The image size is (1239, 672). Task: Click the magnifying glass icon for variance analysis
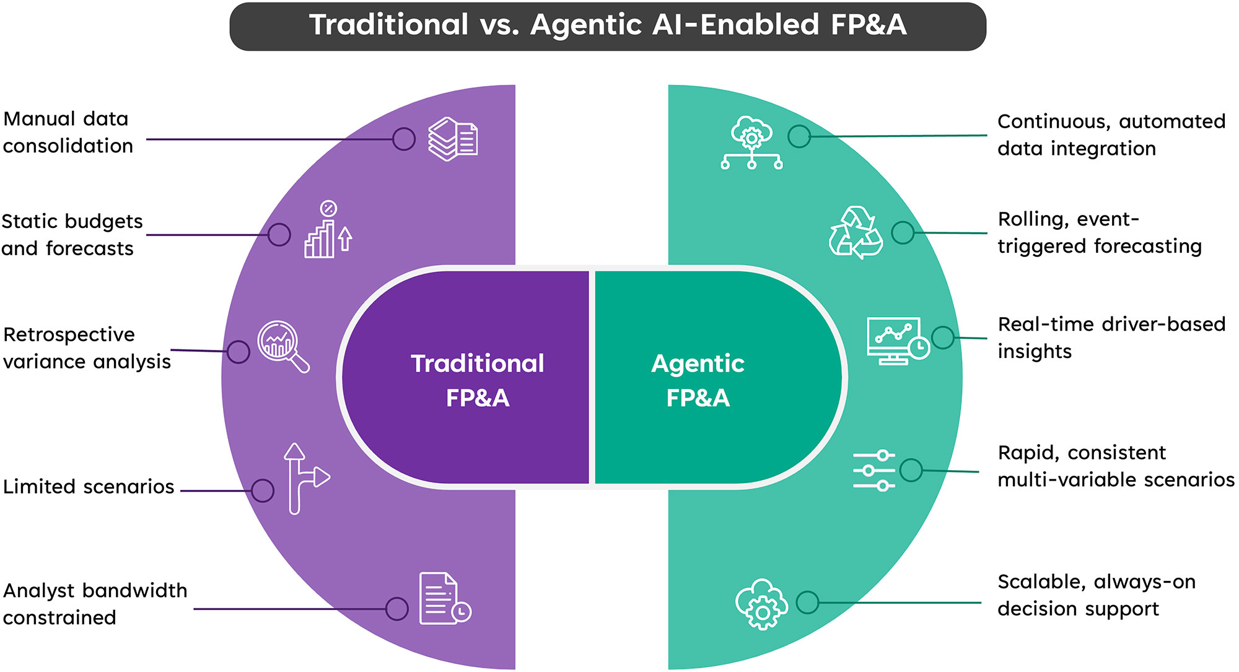(282, 346)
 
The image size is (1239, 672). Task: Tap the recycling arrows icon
(856, 233)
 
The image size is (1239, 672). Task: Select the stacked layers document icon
(453, 139)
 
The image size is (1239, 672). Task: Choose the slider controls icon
(873, 471)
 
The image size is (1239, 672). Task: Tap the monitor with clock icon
(897, 341)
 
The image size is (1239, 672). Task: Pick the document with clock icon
(444, 599)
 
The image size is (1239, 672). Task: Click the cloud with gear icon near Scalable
(761, 604)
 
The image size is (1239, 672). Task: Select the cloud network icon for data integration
(751, 143)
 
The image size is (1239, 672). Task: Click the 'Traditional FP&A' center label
(477, 380)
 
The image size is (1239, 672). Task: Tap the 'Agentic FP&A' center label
(698, 380)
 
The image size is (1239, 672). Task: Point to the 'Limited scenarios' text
(89, 487)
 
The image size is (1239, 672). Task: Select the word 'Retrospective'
(69, 334)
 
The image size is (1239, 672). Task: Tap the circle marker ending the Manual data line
(404, 139)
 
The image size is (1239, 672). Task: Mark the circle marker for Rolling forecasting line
(903, 233)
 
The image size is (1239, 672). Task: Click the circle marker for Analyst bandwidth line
(396, 609)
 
